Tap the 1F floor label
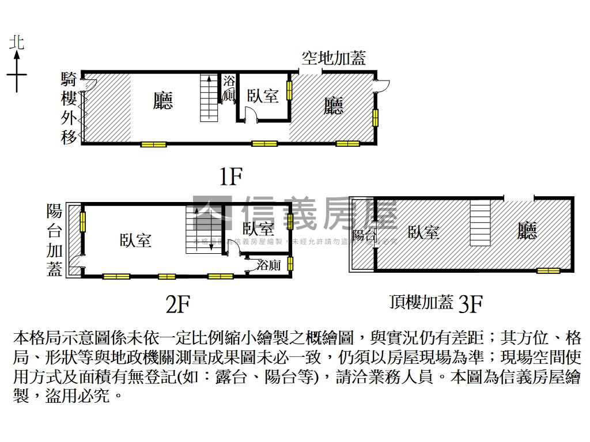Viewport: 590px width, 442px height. tap(230, 177)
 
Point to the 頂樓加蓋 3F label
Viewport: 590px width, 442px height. tap(436, 303)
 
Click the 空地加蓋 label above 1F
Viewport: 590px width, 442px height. tap(334, 58)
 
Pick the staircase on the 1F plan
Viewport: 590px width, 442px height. tap(209, 98)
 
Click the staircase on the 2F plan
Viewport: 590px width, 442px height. tap(200, 228)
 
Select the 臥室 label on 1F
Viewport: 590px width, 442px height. tap(263, 96)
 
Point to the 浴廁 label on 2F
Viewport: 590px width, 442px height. tap(269, 265)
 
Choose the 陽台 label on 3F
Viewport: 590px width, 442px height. tap(364, 235)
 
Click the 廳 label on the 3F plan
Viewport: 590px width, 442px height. tap(527, 231)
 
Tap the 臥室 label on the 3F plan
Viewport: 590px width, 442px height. tap(423, 232)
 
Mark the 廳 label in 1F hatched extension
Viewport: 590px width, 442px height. tap(334, 106)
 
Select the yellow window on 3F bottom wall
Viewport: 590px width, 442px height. tap(548, 270)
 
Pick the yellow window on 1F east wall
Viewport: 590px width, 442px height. tap(375, 117)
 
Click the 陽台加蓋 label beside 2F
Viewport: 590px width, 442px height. tap(55, 240)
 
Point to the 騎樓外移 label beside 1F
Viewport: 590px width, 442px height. tap(69, 108)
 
